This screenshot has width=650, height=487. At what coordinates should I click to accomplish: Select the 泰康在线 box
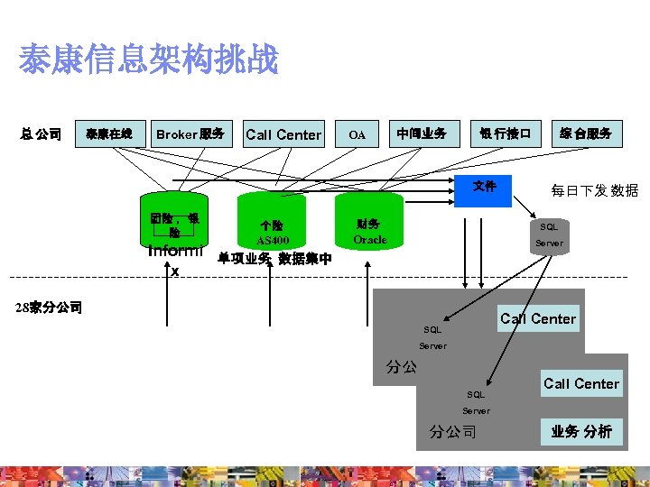[x=109, y=134]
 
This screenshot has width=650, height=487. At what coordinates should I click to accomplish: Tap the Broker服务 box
[x=190, y=134]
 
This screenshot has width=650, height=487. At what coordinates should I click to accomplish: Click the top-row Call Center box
[x=283, y=134]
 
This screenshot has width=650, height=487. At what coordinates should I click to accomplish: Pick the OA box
[x=357, y=134]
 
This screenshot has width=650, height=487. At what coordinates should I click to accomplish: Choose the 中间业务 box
[x=422, y=134]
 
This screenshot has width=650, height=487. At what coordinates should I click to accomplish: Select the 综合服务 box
[x=585, y=134]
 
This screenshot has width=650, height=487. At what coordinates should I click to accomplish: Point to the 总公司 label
[x=42, y=134]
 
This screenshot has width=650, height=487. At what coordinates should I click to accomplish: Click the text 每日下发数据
[x=595, y=190]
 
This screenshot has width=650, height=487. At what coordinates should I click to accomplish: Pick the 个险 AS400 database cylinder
[x=272, y=231]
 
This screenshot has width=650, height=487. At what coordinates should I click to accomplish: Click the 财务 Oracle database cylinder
[x=369, y=230]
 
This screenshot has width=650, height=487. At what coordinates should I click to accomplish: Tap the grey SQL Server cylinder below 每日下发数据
[x=549, y=234]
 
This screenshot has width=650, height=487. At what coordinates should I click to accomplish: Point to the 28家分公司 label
[x=50, y=308]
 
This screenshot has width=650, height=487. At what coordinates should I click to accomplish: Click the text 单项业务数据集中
[x=275, y=259]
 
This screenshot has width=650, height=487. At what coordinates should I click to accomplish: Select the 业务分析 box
[x=581, y=431]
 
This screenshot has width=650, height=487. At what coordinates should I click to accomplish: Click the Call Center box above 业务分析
[x=581, y=383]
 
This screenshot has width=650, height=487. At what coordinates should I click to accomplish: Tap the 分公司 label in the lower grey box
[x=453, y=431]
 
